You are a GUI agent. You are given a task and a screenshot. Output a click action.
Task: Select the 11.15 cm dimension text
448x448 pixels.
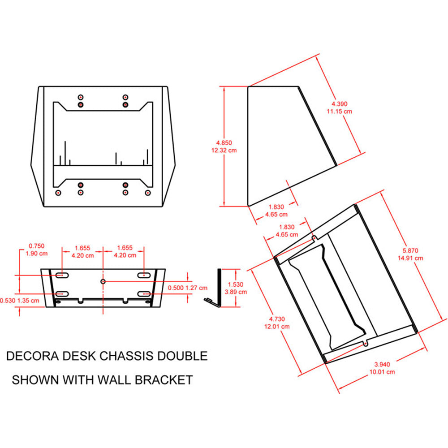[339, 111]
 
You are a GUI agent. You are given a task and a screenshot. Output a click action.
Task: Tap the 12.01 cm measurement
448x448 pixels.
[277, 326]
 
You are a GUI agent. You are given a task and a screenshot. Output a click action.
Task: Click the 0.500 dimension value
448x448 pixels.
[176, 288]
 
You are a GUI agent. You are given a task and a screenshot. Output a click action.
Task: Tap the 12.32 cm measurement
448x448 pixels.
[224, 151]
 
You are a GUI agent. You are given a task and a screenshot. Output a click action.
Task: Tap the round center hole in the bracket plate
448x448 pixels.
[103, 281]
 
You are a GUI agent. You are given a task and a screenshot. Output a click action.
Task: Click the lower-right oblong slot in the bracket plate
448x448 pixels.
[144, 293]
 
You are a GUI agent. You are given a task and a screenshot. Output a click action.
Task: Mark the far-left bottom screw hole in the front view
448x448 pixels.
[58, 193]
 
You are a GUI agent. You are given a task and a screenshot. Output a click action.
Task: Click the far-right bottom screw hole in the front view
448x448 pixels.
[147, 193]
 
